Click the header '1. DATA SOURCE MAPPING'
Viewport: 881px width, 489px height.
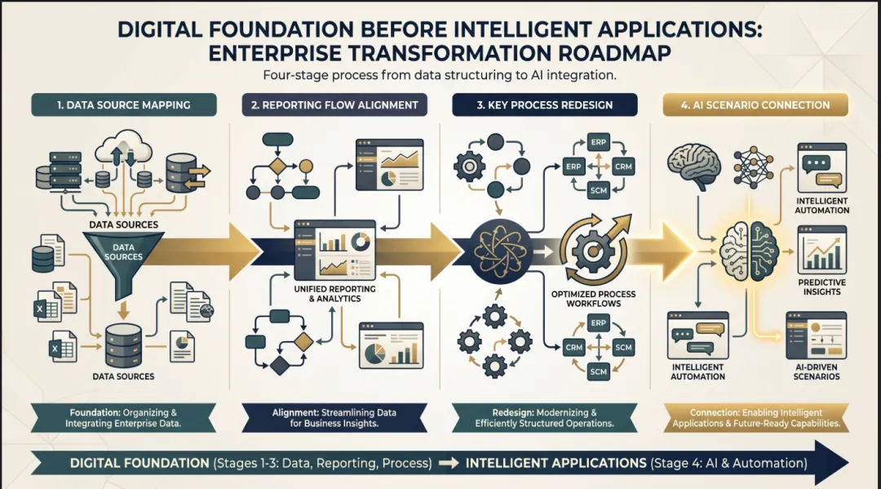point(124,104)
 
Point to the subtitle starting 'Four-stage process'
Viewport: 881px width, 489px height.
point(440,75)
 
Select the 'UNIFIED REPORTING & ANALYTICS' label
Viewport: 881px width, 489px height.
point(336,293)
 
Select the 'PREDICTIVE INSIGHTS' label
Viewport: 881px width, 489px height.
point(821,287)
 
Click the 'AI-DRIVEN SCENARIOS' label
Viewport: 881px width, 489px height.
point(817,371)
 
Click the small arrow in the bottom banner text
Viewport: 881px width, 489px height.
point(448,463)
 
